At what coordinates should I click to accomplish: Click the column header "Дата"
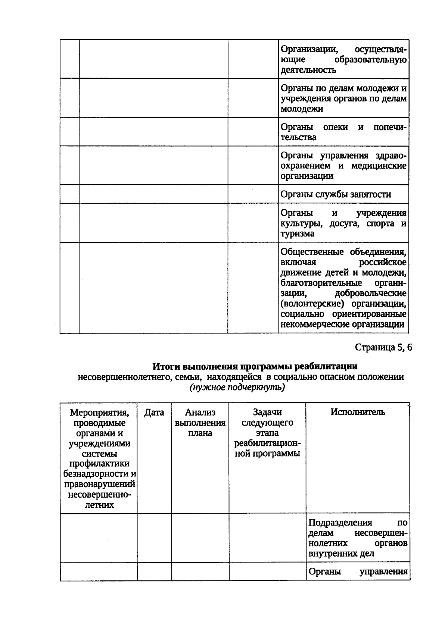tap(154, 412)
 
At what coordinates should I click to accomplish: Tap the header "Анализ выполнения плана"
tap(200, 423)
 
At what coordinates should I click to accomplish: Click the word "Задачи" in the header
tap(267, 412)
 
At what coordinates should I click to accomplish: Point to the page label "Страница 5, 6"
tap(383, 347)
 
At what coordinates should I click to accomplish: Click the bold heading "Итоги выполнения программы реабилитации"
tap(255, 366)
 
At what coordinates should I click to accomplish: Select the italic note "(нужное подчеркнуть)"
tap(237, 388)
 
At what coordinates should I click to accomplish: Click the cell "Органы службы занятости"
tap(336, 194)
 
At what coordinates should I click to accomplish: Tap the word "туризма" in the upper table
tap(298, 234)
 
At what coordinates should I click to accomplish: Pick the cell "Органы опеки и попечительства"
tap(343, 132)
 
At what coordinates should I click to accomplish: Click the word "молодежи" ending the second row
tap(302, 109)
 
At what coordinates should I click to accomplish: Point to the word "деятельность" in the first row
tap(308, 70)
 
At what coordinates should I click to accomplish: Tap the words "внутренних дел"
tap(341, 554)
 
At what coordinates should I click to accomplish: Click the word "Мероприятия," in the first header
tap(99, 413)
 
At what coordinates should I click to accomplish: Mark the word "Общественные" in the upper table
tap(312, 252)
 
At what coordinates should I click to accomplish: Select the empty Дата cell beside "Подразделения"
tap(154, 538)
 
